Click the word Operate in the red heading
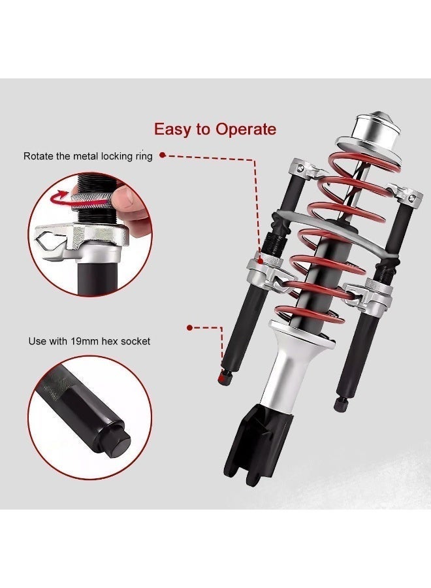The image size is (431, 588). click(246, 129)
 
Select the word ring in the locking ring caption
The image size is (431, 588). click(144, 157)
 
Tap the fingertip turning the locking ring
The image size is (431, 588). click(125, 196)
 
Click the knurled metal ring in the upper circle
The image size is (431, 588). click(90, 201)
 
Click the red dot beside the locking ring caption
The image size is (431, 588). click(163, 155)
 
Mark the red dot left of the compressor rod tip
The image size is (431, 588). click(189, 328)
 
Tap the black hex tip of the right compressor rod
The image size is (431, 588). click(340, 404)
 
